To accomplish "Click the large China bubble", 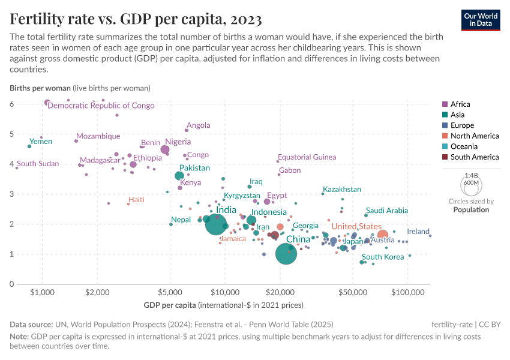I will pyautogui.click(x=287, y=254).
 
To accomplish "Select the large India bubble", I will pyautogui.click(x=216, y=224).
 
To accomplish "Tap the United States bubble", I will pyautogui.click(x=382, y=235).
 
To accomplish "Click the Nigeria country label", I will pyautogui.click(x=178, y=142).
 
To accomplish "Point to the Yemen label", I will pyautogui.click(x=41, y=142).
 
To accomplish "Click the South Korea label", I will pyautogui.click(x=383, y=257).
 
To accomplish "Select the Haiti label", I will pyautogui.click(x=136, y=199).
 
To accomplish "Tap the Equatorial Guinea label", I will pyautogui.click(x=307, y=157).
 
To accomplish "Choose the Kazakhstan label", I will pyautogui.click(x=342, y=190).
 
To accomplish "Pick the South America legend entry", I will pyautogui.click(x=474, y=157).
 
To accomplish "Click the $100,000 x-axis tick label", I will pyautogui.click(x=407, y=292).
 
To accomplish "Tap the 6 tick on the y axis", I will pyautogui.click(x=11, y=104).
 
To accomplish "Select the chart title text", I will pyautogui.click(x=136, y=19).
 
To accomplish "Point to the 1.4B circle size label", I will pyautogui.click(x=471, y=175).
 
